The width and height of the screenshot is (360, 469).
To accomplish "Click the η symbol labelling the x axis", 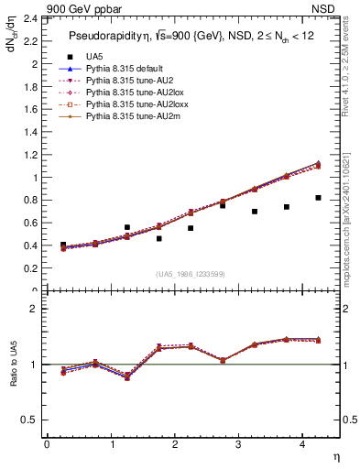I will click(x=335, y=456).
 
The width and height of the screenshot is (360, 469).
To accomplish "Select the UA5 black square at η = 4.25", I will click(x=318, y=198).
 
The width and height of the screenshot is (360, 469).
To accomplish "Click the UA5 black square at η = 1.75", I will click(x=158, y=238).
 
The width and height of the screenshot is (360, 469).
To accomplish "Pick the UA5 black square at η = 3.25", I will click(x=255, y=212).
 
